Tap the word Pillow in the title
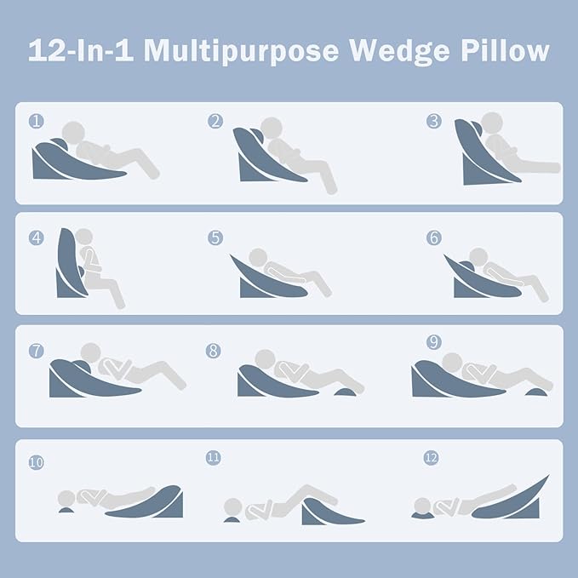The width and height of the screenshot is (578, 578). [502, 50]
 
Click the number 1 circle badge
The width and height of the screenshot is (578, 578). [35, 121]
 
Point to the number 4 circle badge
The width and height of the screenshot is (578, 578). [36, 237]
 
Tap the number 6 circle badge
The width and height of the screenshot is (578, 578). [434, 237]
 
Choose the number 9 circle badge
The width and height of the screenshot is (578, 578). [434, 342]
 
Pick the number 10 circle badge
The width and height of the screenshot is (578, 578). [36, 463]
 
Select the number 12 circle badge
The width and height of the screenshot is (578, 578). [431, 458]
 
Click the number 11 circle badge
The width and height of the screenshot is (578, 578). [213, 458]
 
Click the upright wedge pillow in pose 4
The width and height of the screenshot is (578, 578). [67, 264]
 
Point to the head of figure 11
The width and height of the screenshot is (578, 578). [231, 508]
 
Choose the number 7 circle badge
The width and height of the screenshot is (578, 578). [36, 350]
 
